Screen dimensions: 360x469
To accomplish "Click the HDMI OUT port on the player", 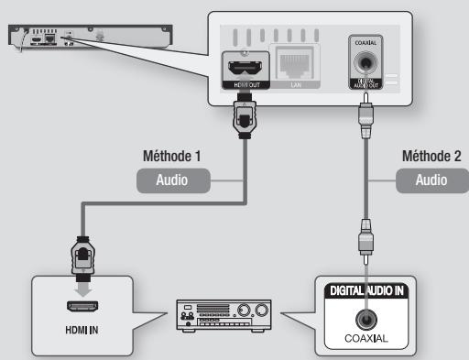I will tap(246, 67).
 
